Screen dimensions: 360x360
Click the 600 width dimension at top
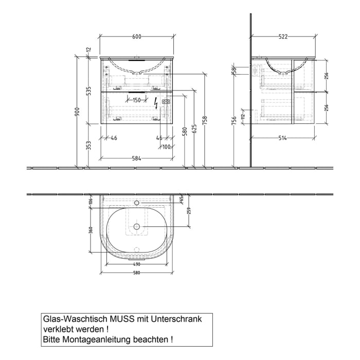(137, 37)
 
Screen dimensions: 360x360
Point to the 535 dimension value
(88, 91)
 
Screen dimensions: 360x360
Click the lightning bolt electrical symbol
(157, 103)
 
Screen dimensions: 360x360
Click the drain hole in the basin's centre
(137, 226)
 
